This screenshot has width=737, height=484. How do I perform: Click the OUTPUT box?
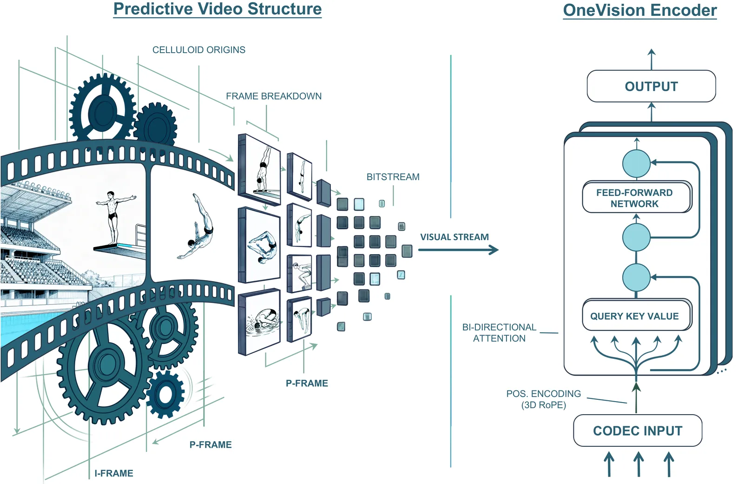pos(651,87)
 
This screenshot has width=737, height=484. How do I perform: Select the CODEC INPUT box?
pos(638,431)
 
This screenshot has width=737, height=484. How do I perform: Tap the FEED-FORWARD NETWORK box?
pos(635,198)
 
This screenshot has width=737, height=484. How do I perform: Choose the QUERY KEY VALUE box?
pos(635,316)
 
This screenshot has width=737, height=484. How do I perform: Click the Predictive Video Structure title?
pos(217,9)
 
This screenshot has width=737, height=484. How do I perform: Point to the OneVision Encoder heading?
pos(640,10)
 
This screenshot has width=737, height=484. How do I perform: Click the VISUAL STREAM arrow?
pos(458,250)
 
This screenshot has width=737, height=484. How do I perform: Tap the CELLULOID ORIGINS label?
pos(199,50)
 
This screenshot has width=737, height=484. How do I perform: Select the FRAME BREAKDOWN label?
pos(274,96)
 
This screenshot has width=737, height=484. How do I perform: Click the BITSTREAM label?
pos(393,177)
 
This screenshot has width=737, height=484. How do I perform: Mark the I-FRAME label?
pos(114,473)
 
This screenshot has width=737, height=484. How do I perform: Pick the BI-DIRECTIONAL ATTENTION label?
pos(499,333)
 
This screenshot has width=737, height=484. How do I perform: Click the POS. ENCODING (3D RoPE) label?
pos(544,399)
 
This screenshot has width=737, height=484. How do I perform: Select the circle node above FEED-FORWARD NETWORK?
pos(636,163)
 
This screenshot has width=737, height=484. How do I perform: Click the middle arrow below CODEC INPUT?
pos(639,464)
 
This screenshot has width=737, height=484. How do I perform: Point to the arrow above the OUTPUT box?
pos(651,59)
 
